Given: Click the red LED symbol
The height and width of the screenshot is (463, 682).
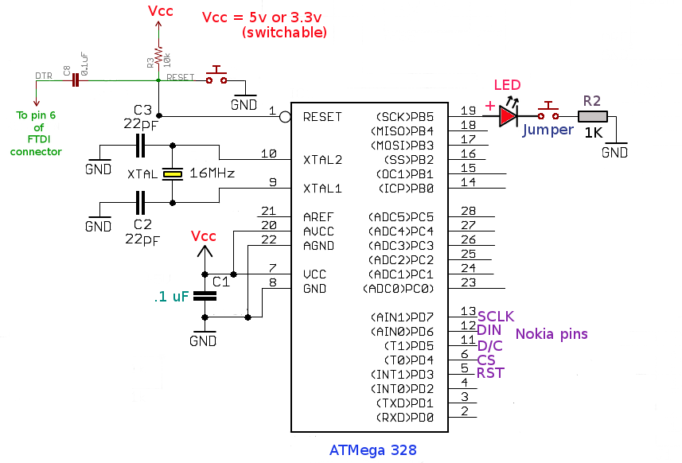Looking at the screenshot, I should coord(508,116).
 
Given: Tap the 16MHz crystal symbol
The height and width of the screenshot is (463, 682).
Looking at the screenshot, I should coord(170,173).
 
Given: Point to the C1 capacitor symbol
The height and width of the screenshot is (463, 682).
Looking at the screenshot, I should coord(205,295).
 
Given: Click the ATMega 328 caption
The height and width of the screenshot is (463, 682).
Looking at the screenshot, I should coord(372,450).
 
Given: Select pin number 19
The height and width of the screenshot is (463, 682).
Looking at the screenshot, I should coord(468,111).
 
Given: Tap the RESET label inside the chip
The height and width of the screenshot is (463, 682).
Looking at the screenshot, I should coord(322,117).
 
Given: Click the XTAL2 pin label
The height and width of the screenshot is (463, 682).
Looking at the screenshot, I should coord(322,160).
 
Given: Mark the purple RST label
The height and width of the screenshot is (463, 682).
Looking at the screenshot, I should coord(489,373).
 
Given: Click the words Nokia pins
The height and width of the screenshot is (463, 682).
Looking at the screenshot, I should coord(551,333).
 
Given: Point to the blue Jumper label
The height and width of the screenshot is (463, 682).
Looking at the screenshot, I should coord(548,130).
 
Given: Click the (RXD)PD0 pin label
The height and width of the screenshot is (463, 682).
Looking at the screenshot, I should coord(402,417).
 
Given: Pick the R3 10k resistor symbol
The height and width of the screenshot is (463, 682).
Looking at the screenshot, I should coord(158,56).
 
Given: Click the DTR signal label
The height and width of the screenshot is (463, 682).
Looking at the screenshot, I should coord(44,76).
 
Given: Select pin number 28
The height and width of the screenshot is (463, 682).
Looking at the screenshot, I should coord(468,211).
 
